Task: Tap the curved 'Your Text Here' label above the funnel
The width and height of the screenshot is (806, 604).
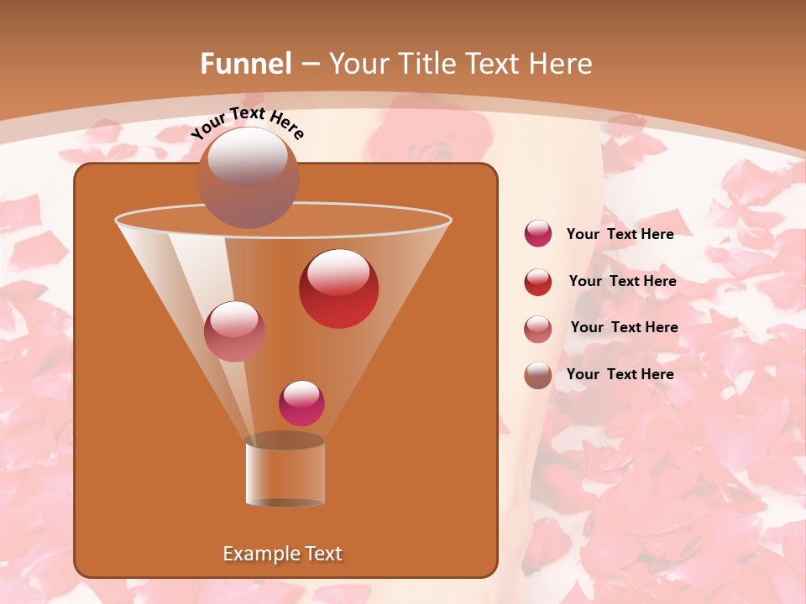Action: click(248, 122)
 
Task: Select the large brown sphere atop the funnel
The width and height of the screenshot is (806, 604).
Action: click(248, 177)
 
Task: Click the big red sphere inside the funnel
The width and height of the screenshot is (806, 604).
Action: click(338, 289)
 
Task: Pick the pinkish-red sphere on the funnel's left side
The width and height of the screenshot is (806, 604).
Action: click(234, 331)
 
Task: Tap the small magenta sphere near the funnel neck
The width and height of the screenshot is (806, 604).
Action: click(301, 404)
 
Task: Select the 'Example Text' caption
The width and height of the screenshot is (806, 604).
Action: click(283, 554)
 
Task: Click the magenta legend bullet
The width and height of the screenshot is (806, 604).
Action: click(538, 234)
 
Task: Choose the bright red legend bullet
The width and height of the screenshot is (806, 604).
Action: click(538, 282)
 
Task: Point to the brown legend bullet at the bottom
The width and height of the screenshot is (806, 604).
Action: click(538, 375)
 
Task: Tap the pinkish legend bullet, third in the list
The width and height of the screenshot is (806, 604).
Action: click(538, 329)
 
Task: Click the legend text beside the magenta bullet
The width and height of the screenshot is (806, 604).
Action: click(620, 234)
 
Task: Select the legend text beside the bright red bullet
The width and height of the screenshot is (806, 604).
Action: click(622, 281)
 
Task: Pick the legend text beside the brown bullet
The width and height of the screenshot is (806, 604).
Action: click(620, 374)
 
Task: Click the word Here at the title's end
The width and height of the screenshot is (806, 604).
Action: click(557, 64)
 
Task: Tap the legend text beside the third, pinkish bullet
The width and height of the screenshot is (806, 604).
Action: click(624, 327)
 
